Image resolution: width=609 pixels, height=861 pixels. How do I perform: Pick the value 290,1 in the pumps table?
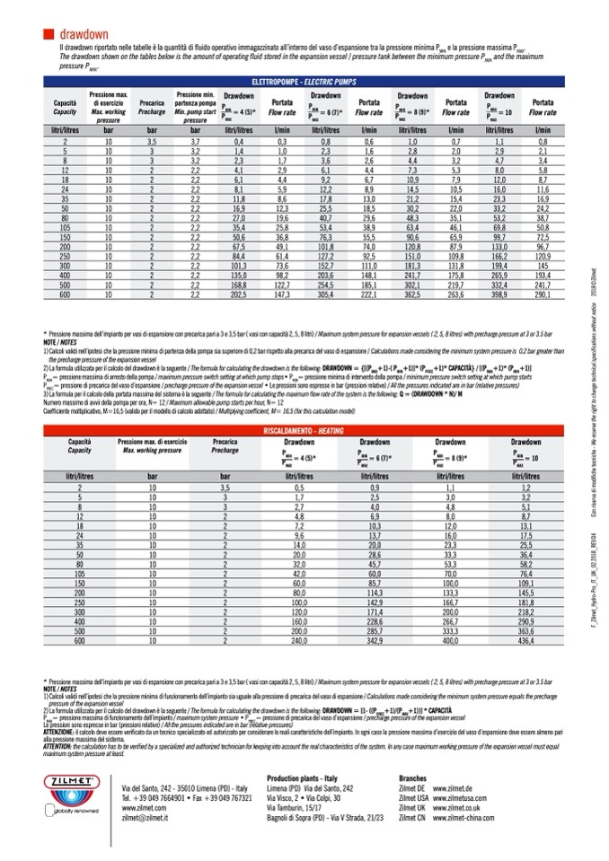(543, 294)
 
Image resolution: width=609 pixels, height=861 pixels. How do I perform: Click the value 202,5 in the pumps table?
(238, 294)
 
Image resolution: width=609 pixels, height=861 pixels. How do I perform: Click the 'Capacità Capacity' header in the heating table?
(80, 446)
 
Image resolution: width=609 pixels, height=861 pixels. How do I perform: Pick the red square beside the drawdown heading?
(49, 34)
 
